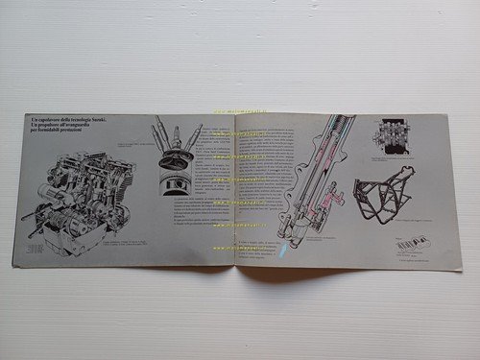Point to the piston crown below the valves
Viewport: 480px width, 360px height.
point(173,177)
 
